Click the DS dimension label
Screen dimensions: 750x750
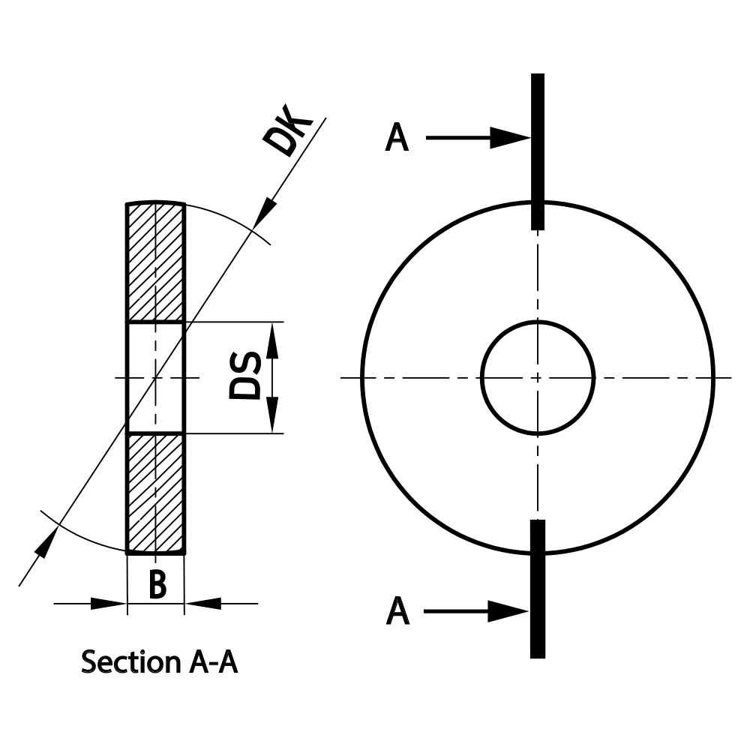point(245,376)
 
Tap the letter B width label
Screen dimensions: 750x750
point(157,585)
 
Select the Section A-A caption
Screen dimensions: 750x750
point(159,662)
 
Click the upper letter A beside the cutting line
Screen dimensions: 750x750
point(397,139)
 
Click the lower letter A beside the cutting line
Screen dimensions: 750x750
point(397,611)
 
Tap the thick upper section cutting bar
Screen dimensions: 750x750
point(537,150)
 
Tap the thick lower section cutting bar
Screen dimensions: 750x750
point(537,589)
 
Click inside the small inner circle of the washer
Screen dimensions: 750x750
point(538,377)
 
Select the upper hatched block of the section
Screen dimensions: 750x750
point(155,262)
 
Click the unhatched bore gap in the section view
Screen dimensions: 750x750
point(155,377)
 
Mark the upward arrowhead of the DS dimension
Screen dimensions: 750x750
point(272,337)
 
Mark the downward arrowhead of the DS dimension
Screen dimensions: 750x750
point(272,418)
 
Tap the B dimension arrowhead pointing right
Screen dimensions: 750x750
point(108,602)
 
